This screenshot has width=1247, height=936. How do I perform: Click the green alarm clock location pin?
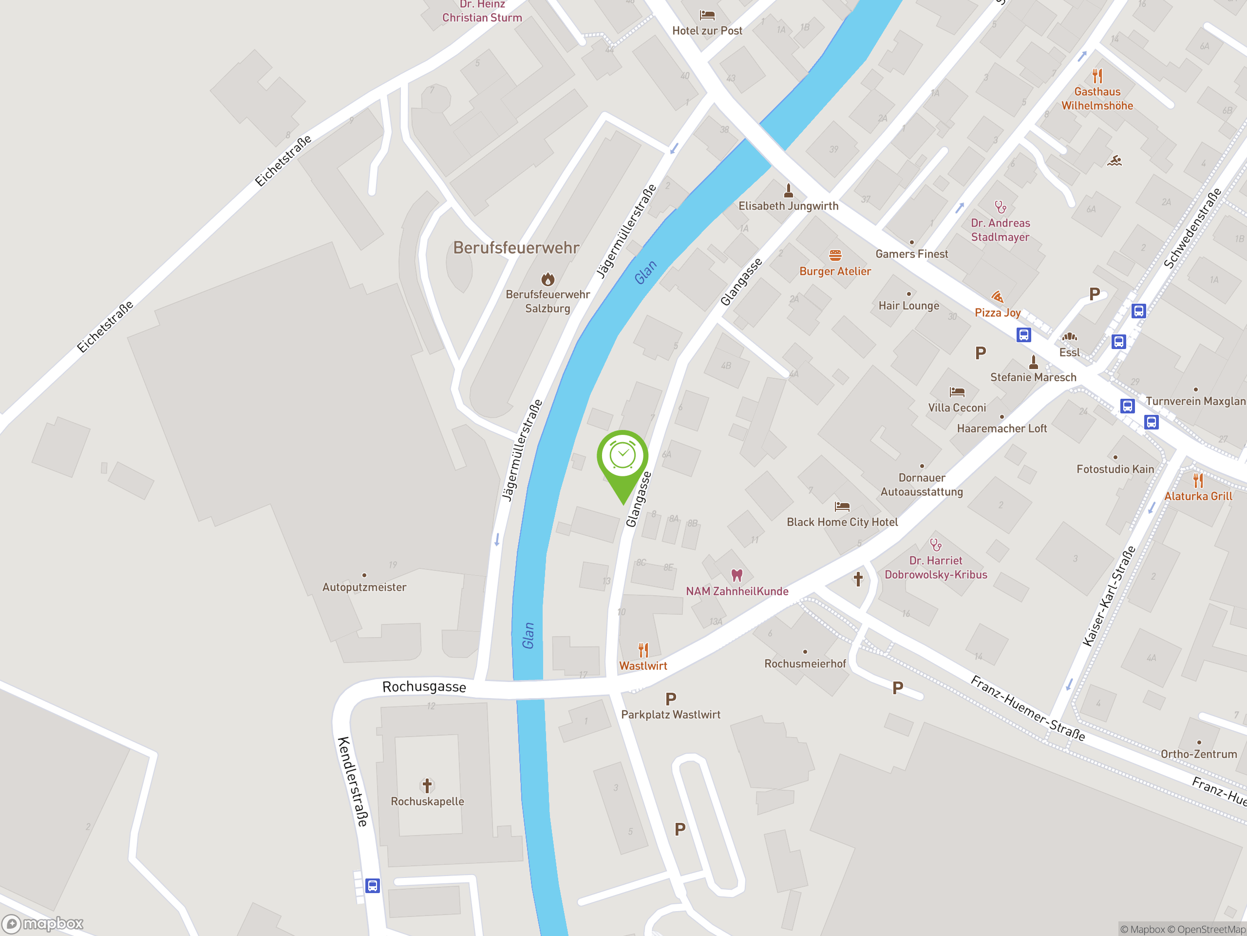(623, 459)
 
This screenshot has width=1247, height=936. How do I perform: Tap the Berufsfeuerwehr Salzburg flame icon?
(548, 279)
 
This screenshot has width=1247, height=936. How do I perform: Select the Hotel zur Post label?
(707, 31)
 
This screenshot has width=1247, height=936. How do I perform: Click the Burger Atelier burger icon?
(835, 255)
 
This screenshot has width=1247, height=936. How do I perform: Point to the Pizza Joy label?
(997, 312)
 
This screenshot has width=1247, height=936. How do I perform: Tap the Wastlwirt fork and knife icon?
(643, 650)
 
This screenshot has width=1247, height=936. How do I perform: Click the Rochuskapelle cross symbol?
(427, 785)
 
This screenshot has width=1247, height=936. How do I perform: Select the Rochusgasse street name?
(424, 686)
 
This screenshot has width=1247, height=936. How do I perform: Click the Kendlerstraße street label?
(353, 781)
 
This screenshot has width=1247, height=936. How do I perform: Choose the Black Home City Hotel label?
(842, 523)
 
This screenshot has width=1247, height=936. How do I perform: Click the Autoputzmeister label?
(364, 587)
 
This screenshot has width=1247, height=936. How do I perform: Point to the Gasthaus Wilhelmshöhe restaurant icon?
(1097, 76)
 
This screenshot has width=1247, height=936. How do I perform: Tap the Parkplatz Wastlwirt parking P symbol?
(671, 700)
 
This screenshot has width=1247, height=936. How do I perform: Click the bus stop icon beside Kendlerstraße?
(372, 885)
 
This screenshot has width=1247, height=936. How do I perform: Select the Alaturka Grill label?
(1198, 496)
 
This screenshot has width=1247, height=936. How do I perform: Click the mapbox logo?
(43, 924)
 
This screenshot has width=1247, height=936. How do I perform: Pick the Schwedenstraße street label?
(1192, 228)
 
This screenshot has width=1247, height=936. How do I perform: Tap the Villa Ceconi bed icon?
(957, 391)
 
